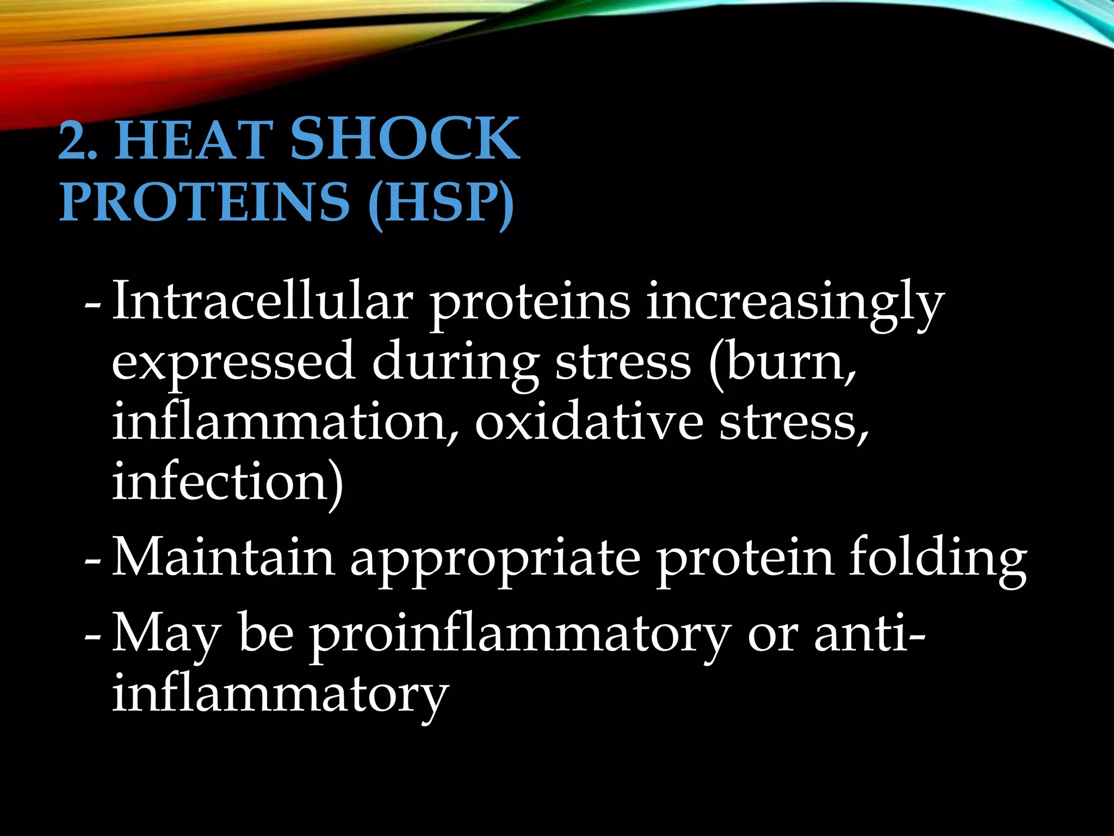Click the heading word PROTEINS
coord(204,202)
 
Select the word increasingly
coord(795,305)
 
